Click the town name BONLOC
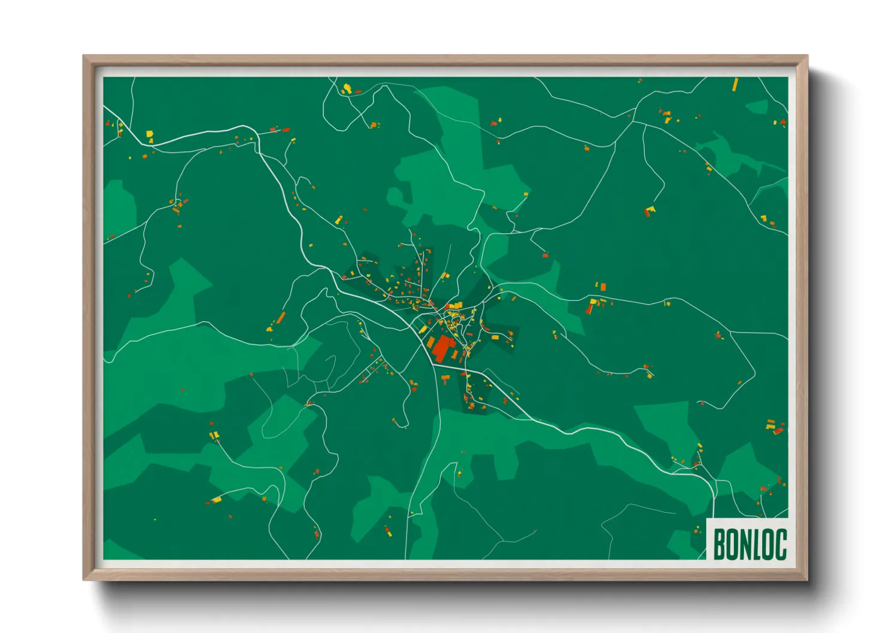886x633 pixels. [750, 544]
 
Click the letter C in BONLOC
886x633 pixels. [781, 544]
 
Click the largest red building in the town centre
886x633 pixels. [442, 348]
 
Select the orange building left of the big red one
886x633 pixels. [430, 343]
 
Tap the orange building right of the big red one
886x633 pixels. [454, 355]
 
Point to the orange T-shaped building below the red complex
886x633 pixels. [445, 378]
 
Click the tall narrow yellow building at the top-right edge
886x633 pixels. [735, 84]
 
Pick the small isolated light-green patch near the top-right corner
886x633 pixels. [758, 107]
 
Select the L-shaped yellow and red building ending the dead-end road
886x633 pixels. [650, 211]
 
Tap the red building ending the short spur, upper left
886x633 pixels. [285, 129]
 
